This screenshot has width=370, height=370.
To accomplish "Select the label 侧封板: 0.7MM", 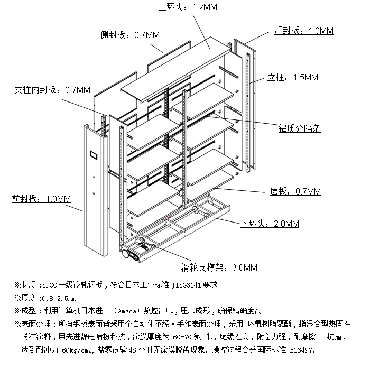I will [x=129, y=35].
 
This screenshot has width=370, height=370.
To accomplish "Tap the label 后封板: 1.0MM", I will [x=304, y=31].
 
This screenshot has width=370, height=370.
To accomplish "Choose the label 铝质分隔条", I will [x=299, y=128].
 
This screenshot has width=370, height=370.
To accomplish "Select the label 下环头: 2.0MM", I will [x=270, y=224].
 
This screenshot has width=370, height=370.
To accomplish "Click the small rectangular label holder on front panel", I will [x=94, y=156].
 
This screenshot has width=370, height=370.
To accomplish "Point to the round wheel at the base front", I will [x=126, y=254].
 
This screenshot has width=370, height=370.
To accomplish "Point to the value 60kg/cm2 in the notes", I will [x=77, y=350].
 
